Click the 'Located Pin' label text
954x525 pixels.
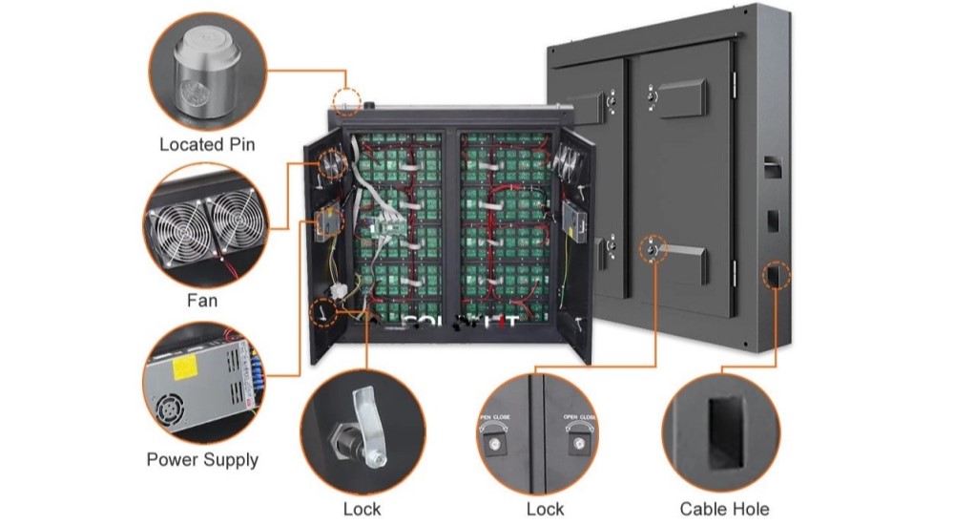(206, 146)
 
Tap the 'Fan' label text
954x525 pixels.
(201, 302)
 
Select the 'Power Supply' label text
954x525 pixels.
(202, 460)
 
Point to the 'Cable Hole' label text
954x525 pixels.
(724, 509)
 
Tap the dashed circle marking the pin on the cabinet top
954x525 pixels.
(346, 99)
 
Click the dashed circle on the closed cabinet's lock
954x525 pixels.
(652, 248)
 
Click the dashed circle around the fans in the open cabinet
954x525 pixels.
(330, 164)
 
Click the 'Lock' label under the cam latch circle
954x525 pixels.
(362, 509)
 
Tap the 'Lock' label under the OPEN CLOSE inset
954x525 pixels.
(545, 509)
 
